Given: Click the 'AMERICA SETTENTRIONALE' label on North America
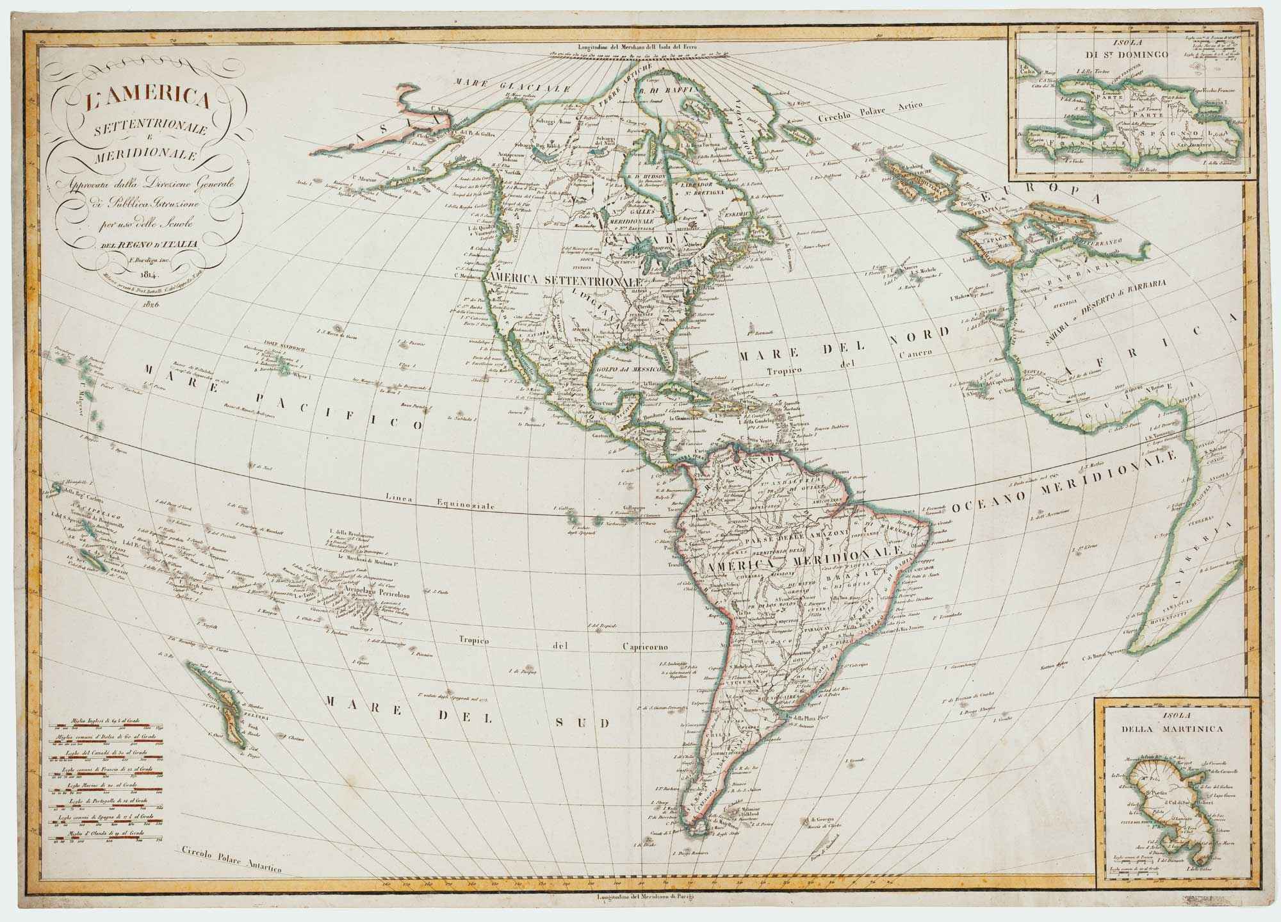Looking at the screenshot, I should point(565,280).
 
